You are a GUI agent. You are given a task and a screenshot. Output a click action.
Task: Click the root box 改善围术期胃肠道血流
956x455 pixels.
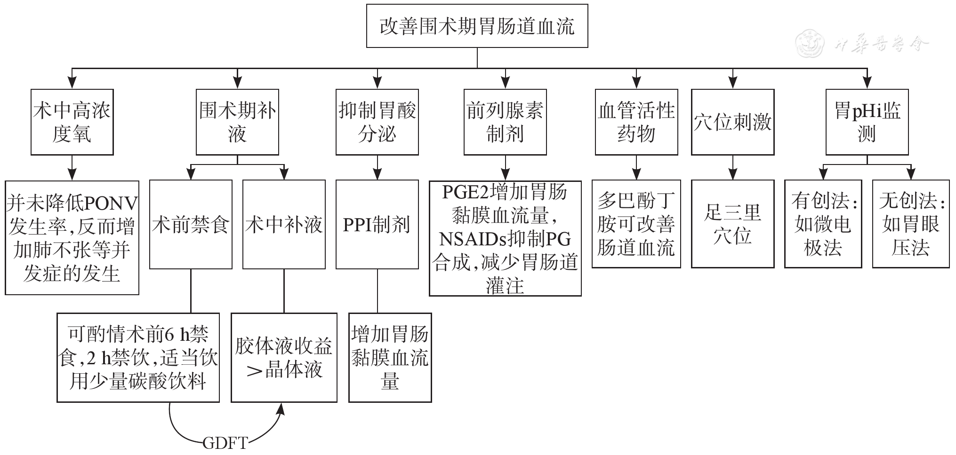477,26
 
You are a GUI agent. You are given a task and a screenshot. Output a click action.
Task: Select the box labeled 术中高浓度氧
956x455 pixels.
72,122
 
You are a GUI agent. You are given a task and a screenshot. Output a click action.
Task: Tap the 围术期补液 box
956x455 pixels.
237,122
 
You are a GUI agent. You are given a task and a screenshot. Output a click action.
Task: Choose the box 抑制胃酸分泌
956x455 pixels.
377,122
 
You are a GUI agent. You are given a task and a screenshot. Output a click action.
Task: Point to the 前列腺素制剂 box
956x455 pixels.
505,122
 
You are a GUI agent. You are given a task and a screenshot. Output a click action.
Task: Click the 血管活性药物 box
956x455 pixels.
636,122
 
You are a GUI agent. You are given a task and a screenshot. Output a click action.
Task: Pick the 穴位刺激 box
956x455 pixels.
732,122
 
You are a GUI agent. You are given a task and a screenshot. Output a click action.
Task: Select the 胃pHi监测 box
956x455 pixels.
867,122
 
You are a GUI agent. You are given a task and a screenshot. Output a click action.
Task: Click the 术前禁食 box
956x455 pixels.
191,224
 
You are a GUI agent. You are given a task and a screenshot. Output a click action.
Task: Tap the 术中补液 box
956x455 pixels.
284,224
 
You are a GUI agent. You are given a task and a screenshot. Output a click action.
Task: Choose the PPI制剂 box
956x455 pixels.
377,224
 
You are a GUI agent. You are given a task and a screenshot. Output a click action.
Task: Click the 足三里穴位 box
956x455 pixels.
732,224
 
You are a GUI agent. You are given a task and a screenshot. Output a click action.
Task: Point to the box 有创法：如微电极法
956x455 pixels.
823,224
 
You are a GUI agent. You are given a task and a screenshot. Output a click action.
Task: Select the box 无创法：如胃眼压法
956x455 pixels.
911,224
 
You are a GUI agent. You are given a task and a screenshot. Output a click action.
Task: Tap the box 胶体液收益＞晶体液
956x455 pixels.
284,357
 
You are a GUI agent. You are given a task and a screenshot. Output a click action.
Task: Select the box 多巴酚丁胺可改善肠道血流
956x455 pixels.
636,224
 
